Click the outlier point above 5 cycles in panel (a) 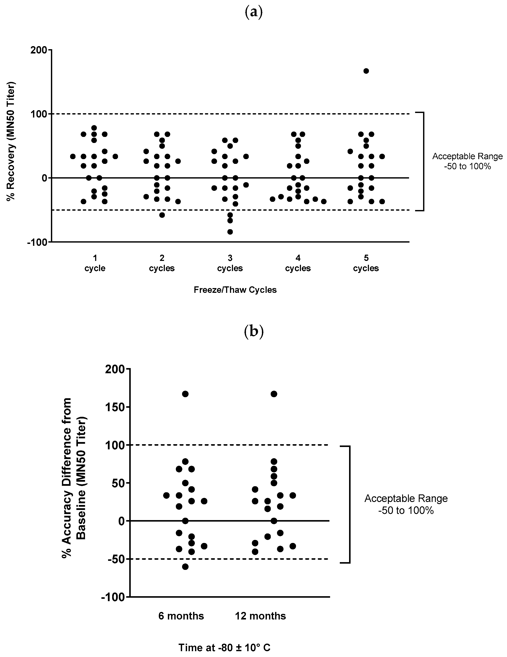pos(366,71)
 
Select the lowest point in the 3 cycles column pos(230,232)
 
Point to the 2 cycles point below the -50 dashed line pos(162,215)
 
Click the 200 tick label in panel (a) pos(39,50)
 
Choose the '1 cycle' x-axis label pos(95,263)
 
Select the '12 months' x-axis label pos(260,616)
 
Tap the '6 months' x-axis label pos(181,616)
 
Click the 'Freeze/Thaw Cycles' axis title pos(235,290)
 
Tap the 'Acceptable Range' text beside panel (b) pos(406,499)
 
